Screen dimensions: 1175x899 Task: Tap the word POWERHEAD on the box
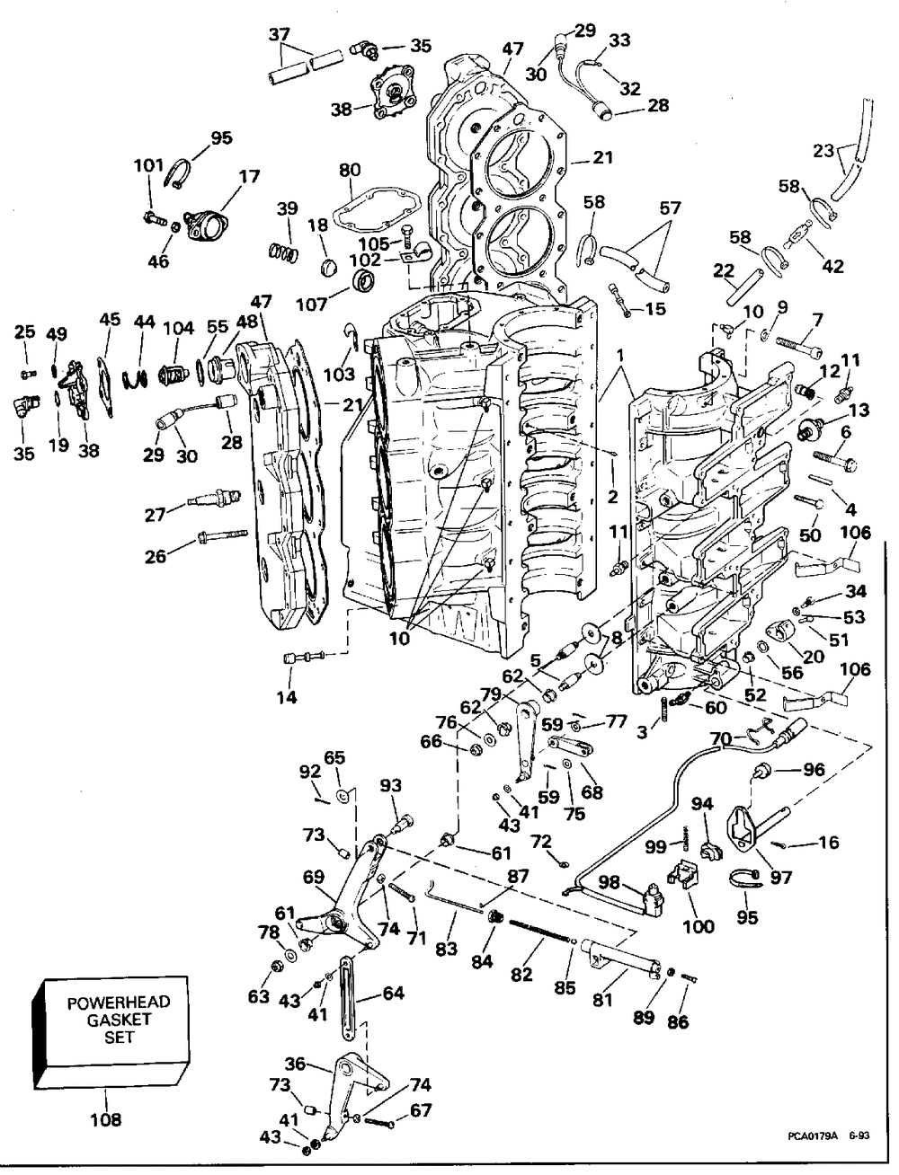click(119, 1003)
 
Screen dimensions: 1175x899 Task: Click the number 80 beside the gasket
click(350, 169)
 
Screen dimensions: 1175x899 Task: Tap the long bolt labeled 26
click(219, 537)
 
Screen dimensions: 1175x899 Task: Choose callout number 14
click(287, 697)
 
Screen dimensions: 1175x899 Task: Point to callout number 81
click(603, 998)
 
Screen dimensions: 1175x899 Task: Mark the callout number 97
click(781, 876)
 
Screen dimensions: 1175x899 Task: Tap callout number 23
click(824, 151)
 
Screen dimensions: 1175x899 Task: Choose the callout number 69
click(314, 876)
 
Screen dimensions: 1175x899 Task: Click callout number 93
click(390, 785)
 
